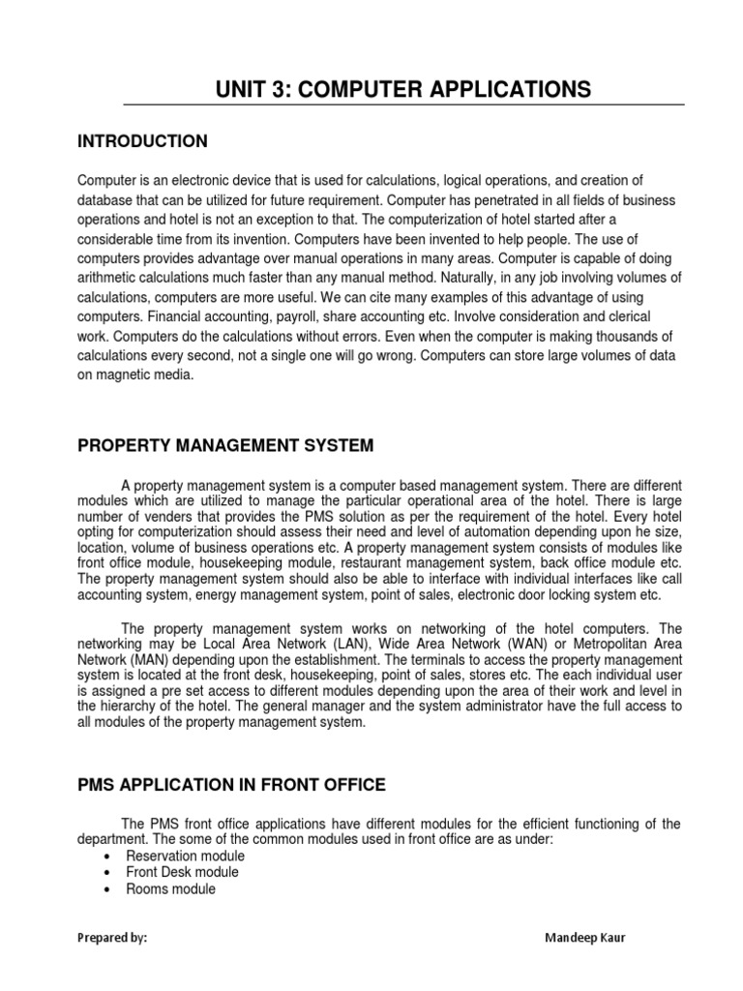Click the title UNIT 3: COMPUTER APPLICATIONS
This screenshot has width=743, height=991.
point(402,90)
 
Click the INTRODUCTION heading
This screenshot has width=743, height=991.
point(142,141)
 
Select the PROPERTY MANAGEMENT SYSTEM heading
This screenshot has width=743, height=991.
point(224,445)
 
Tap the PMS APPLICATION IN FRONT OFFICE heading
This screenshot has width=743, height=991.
point(231,784)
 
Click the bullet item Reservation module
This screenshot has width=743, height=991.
point(185,856)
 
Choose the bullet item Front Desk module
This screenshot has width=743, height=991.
point(182,872)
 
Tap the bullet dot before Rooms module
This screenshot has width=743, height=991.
point(104,889)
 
